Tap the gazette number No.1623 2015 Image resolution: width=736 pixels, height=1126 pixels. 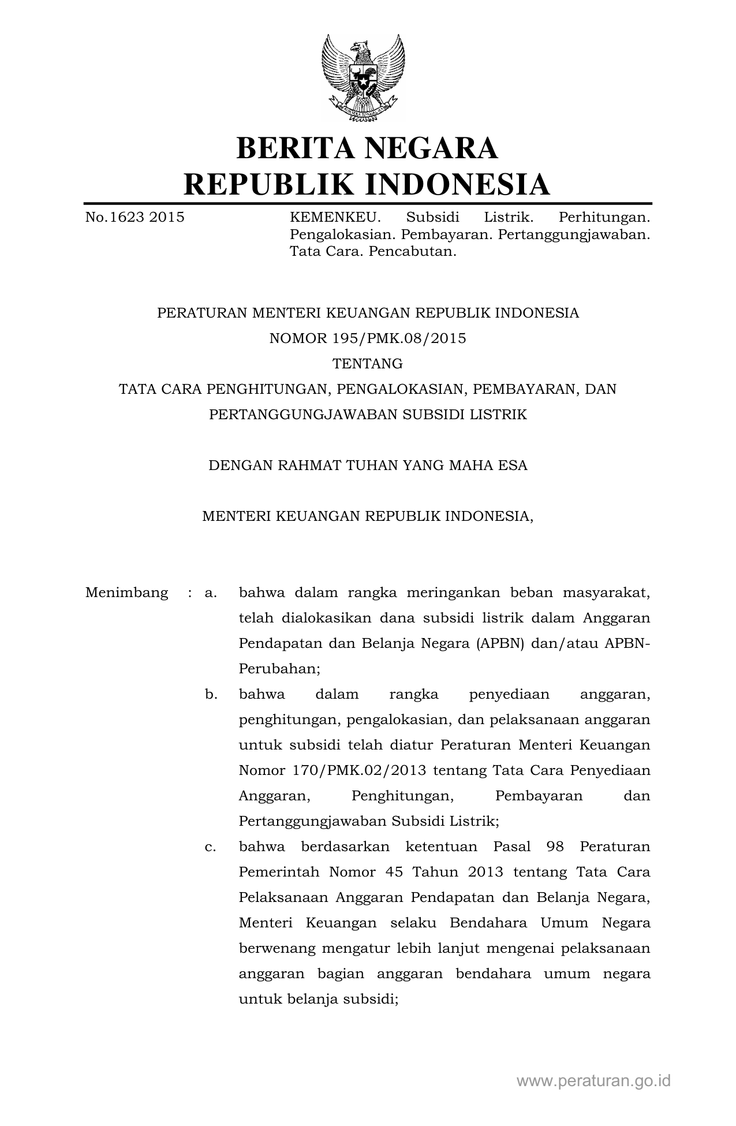click(135, 217)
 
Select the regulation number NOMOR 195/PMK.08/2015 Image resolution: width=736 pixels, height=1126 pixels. click(368, 338)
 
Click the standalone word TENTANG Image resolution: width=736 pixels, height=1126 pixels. click(368, 364)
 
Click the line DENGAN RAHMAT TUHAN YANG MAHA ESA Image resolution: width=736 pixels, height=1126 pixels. click(368, 465)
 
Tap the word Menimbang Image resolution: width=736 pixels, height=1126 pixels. click(126, 592)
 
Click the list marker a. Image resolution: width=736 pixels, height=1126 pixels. click(211, 592)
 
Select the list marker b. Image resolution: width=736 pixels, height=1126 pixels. click(211, 694)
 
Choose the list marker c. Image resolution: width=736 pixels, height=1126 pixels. click(211, 847)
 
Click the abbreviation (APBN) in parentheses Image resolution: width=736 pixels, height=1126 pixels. click(500, 643)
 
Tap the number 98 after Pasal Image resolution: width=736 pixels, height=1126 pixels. click(556, 847)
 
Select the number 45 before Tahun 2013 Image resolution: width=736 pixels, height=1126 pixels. click(394, 872)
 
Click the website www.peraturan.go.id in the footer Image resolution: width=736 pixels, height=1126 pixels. click(593, 1080)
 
